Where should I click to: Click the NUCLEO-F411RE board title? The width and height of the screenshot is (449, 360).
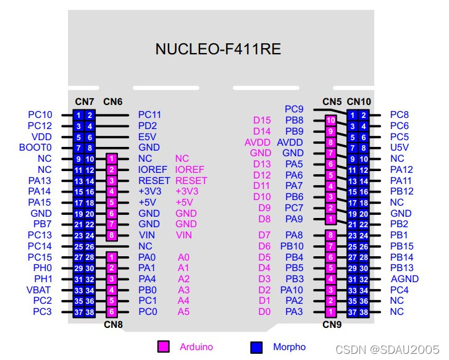tap(218, 49)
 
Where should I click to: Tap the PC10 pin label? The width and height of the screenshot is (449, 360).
tap(40, 114)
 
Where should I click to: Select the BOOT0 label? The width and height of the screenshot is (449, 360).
tap(36, 148)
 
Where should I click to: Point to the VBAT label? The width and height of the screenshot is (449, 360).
tap(40, 290)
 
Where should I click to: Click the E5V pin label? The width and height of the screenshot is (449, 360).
tap(148, 136)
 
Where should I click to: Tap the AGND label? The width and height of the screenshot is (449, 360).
tap(405, 278)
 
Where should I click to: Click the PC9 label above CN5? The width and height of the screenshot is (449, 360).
tap(294, 109)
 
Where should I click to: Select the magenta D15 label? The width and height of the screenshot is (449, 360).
tap(262, 120)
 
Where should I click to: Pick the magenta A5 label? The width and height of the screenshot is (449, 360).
tap(184, 312)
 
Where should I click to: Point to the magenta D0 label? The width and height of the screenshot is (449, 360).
tap(264, 312)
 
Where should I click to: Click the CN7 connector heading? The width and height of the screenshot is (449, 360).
tap(84, 101)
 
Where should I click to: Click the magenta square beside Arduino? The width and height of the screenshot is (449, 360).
tap(164, 346)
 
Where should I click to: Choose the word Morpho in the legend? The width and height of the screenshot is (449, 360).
tap(289, 347)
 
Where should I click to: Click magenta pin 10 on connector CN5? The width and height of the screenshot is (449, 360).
tap(331, 120)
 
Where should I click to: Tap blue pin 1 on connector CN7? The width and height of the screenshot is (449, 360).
tap(78, 115)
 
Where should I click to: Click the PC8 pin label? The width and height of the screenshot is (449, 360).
tap(400, 114)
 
